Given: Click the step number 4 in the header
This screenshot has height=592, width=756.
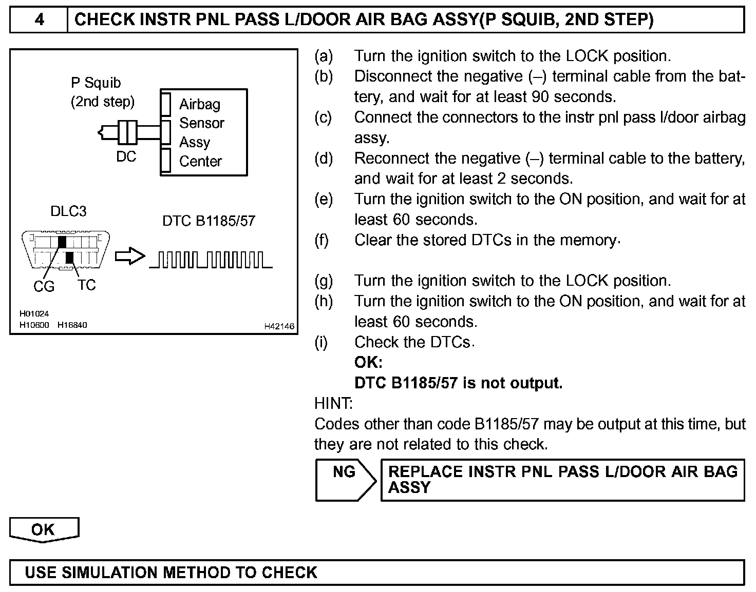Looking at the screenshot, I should [x=39, y=19].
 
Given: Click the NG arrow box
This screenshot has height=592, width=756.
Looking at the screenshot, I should [x=345, y=480].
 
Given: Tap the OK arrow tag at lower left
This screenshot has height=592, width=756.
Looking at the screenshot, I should [x=44, y=530].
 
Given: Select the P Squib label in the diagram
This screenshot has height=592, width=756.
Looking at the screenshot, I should [x=96, y=83].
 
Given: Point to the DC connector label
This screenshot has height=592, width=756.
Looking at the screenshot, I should [x=126, y=156].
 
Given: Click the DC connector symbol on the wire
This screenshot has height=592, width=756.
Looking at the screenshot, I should [x=127, y=133].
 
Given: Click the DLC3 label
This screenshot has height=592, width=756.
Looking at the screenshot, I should [x=68, y=211].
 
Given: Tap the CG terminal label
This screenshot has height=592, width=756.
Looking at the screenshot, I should [x=44, y=286].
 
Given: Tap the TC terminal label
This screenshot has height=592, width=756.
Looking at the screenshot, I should [x=86, y=285].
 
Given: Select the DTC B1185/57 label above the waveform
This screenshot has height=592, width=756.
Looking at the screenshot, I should [x=209, y=221].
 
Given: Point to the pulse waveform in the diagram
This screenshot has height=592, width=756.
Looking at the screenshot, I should [x=211, y=260].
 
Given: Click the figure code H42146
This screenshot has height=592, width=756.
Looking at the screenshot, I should [x=279, y=326].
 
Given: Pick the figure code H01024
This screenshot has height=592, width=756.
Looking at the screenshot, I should [x=34, y=313].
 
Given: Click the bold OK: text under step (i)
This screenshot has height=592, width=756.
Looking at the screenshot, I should [x=368, y=363].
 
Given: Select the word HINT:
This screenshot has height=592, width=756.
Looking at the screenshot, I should [x=333, y=404].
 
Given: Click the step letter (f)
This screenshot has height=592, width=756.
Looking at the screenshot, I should [x=322, y=240].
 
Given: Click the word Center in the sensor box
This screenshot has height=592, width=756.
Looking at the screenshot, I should [x=200, y=161].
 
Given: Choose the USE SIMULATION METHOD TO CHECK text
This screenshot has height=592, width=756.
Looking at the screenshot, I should [x=171, y=573].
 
